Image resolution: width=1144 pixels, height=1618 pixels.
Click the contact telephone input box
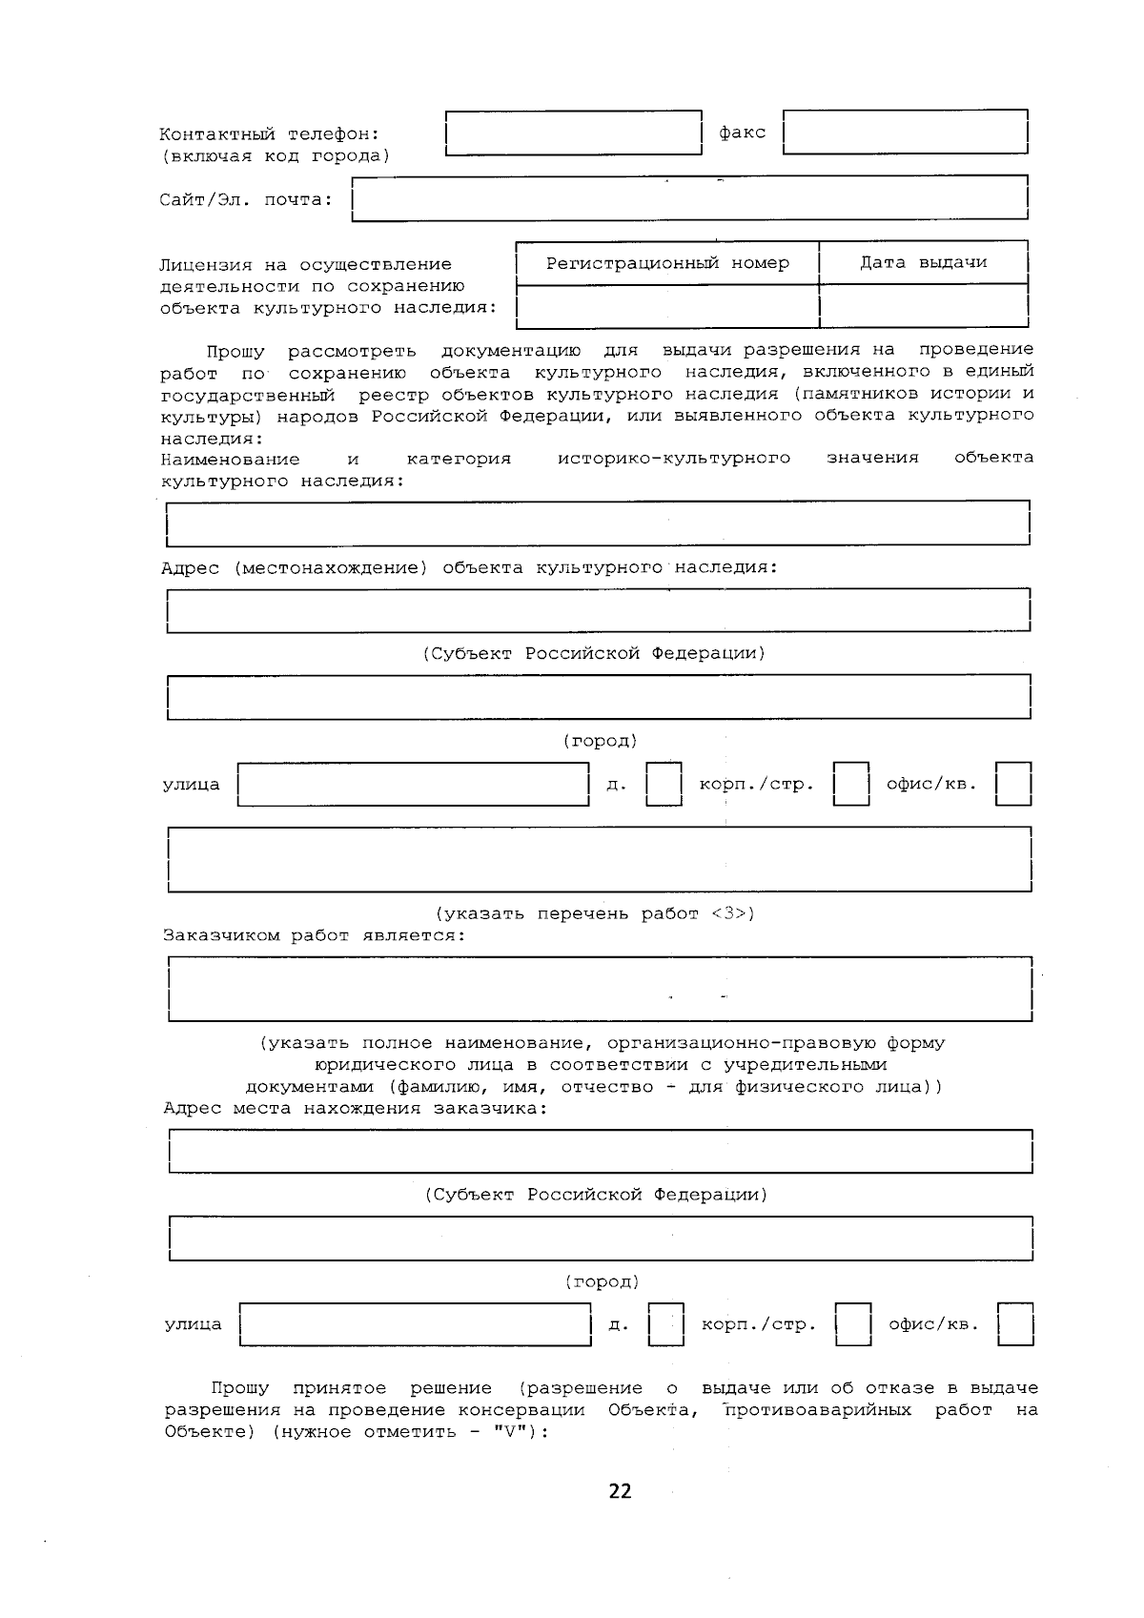(x=573, y=133)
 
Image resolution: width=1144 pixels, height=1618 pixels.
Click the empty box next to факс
(x=905, y=133)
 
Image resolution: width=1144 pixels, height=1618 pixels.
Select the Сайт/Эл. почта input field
(x=689, y=199)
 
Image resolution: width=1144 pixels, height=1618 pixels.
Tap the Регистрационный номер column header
(x=667, y=263)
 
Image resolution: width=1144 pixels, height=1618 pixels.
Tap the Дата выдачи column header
(x=923, y=262)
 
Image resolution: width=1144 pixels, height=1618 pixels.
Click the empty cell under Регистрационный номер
(x=667, y=306)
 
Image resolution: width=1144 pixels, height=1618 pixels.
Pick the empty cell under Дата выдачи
(x=923, y=306)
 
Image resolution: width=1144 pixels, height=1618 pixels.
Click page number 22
(x=620, y=1491)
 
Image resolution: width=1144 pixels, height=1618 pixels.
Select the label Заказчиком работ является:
(x=315, y=935)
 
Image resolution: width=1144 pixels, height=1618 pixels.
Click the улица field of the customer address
(x=415, y=1324)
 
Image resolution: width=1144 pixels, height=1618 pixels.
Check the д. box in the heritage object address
(x=664, y=785)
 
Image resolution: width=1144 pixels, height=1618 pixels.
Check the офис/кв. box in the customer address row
(x=1015, y=1324)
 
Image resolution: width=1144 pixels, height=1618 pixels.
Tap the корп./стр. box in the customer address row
(x=853, y=1324)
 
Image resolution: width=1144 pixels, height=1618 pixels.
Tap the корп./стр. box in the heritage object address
(x=851, y=785)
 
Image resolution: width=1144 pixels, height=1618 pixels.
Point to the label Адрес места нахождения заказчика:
(x=356, y=1108)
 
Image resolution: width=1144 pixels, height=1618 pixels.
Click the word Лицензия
(x=205, y=265)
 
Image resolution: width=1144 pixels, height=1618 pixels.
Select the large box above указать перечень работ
(x=599, y=859)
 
